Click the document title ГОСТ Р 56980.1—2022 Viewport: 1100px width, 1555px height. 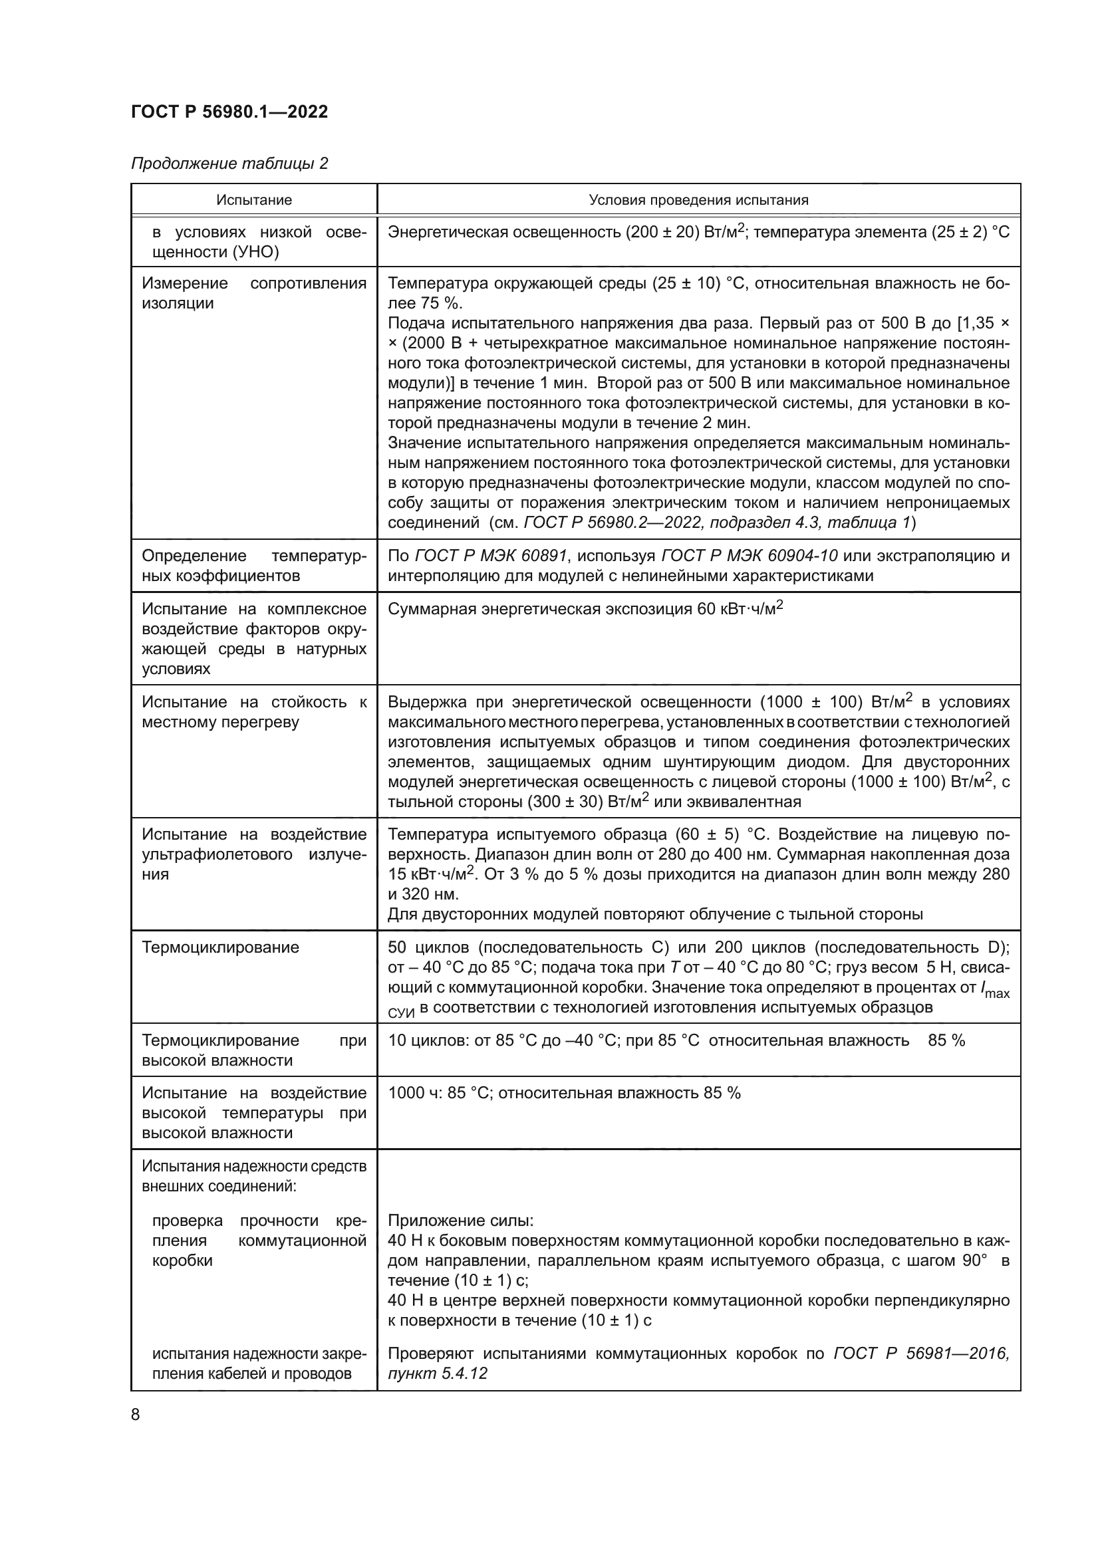(x=229, y=112)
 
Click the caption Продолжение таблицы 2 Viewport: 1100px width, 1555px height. (x=229, y=164)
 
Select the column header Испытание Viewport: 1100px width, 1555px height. (x=254, y=200)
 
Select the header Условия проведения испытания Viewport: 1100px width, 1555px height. (x=698, y=200)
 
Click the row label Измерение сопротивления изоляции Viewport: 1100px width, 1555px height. (x=254, y=293)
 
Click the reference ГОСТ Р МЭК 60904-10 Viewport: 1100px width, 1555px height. (x=749, y=556)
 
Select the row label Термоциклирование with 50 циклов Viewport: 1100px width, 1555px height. (x=220, y=947)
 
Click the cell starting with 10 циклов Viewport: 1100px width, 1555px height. (x=676, y=1040)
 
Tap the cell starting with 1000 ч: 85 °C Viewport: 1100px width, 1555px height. (x=564, y=1093)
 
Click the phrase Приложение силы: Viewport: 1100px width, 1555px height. (x=461, y=1221)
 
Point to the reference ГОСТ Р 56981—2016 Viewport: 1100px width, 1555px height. (x=920, y=1354)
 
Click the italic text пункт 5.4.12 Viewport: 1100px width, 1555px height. (x=437, y=1374)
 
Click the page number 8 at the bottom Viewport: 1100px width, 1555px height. (x=136, y=1414)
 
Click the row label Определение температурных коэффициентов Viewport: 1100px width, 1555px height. (x=254, y=566)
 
